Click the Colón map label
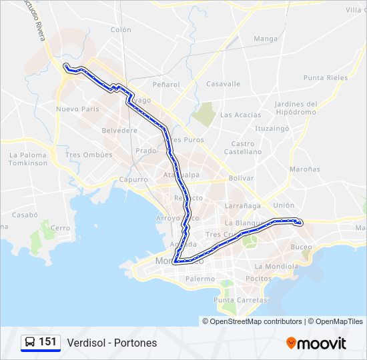tap(121, 30)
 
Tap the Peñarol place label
tap(166, 85)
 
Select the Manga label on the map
tap(265, 39)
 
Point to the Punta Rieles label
tap(325, 78)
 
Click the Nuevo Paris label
tap(77, 109)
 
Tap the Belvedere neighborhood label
tap(119, 131)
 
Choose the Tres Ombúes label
tap(88, 155)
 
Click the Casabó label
tap(25, 215)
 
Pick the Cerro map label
tap(60, 228)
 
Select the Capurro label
tap(133, 180)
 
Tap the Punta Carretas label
tap(240, 300)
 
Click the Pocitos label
tap(258, 278)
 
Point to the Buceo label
tap(301, 247)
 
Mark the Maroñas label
tap(305, 169)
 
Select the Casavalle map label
tap(223, 84)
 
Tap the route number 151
tap(47, 342)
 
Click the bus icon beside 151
tap(30, 342)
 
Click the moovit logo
tap(316, 343)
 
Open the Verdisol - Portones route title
tap(111, 343)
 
